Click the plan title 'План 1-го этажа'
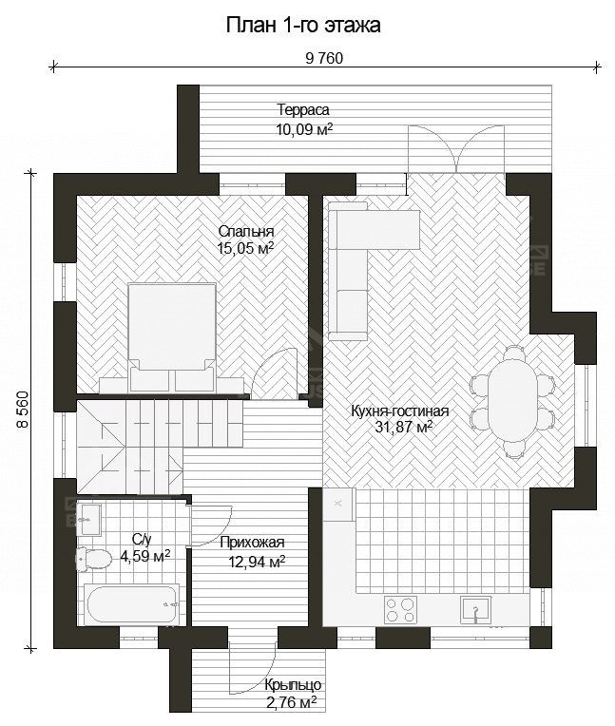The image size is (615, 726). click(303, 25)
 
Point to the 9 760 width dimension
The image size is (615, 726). click(325, 58)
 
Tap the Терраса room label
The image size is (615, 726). click(303, 110)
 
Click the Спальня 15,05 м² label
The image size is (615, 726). click(246, 239)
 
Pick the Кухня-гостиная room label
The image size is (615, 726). click(399, 411)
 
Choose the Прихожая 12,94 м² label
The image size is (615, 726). click(253, 552)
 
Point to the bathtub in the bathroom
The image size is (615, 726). click(132, 603)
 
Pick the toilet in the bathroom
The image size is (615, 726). click(94, 559)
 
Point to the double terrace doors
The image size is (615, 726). click(456, 148)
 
